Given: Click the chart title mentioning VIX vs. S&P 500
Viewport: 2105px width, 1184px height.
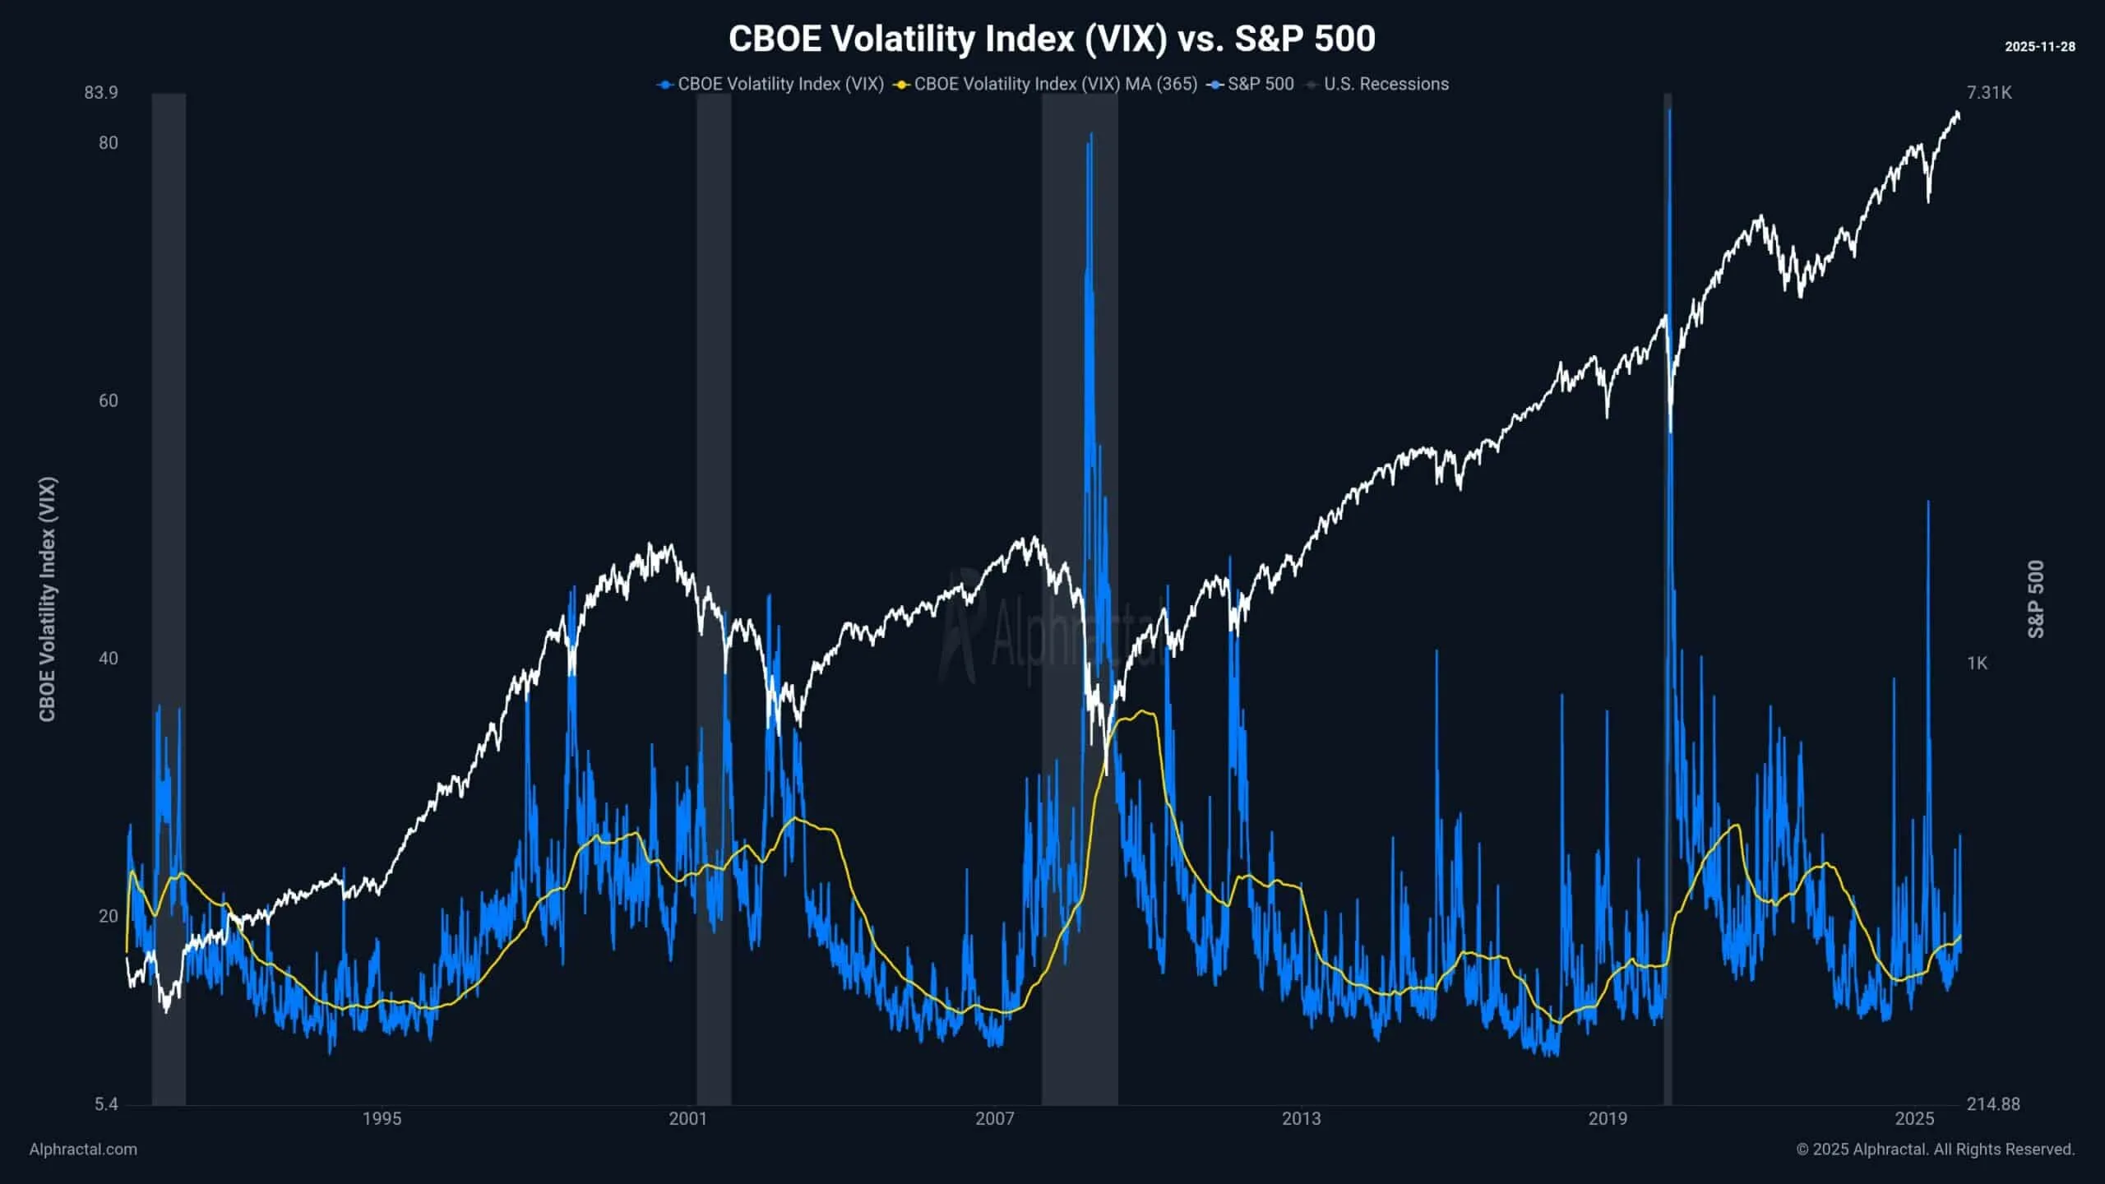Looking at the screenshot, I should click(1052, 39).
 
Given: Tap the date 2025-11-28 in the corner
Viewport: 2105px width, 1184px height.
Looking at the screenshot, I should click(2039, 47).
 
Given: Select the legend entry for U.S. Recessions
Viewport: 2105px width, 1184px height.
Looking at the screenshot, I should click(1386, 84).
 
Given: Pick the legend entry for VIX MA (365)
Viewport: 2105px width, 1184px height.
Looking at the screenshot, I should click(1055, 84).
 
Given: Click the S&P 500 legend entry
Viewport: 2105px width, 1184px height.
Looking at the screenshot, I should click(1260, 84).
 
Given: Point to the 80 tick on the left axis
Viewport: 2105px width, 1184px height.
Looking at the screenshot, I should click(108, 143).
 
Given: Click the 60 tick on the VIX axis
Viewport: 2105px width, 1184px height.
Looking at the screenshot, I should click(108, 400).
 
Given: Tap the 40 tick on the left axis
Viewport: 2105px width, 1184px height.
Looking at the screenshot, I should click(108, 659).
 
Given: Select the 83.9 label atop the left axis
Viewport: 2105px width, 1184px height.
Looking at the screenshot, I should click(100, 92).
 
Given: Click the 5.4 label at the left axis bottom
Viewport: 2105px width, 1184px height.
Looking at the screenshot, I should click(106, 1104).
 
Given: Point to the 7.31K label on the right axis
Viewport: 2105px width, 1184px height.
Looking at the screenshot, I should click(1989, 92).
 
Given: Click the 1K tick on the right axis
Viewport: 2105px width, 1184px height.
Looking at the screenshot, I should click(1977, 663).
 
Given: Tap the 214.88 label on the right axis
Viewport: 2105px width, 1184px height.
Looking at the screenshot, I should click(1992, 1104).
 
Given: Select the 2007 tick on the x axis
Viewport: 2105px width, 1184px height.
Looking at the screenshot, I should click(994, 1118).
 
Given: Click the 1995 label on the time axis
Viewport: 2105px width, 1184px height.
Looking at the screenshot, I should click(382, 1118).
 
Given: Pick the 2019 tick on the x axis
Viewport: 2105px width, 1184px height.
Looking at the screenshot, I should click(1608, 1118).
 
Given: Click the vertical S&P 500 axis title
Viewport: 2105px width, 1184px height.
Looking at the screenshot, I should click(2036, 599).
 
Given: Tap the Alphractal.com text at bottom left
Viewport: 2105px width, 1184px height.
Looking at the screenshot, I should click(83, 1149).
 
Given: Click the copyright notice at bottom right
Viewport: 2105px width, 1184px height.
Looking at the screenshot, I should click(1935, 1149).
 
